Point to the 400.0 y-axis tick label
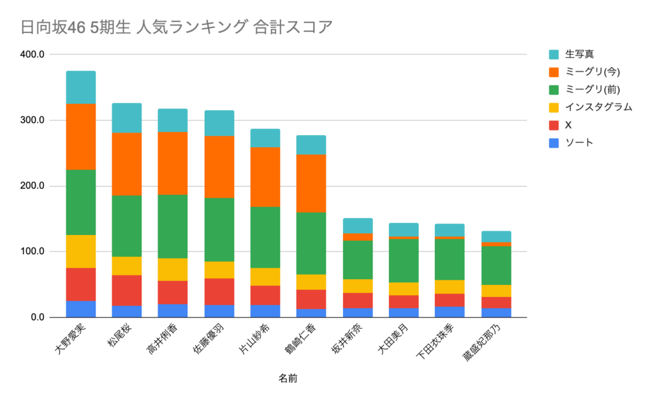tap(32, 55)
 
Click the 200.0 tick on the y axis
tap(32, 186)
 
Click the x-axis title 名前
tap(288, 379)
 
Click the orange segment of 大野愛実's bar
tap(81, 136)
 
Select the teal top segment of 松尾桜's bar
tap(127, 117)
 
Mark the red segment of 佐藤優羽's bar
tap(219, 291)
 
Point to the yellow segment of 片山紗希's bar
tap(265, 277)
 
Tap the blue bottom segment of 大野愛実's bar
tap(81, 309)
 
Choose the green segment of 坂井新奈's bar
tap(357, 259)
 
